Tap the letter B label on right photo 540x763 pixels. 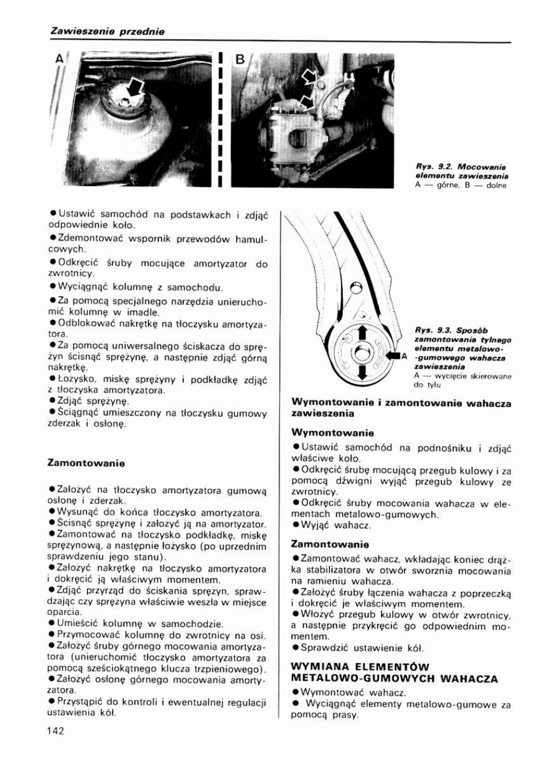tap(239, 60)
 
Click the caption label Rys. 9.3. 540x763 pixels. tap(431, 330)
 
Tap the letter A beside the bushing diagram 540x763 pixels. tap(403, 356)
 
